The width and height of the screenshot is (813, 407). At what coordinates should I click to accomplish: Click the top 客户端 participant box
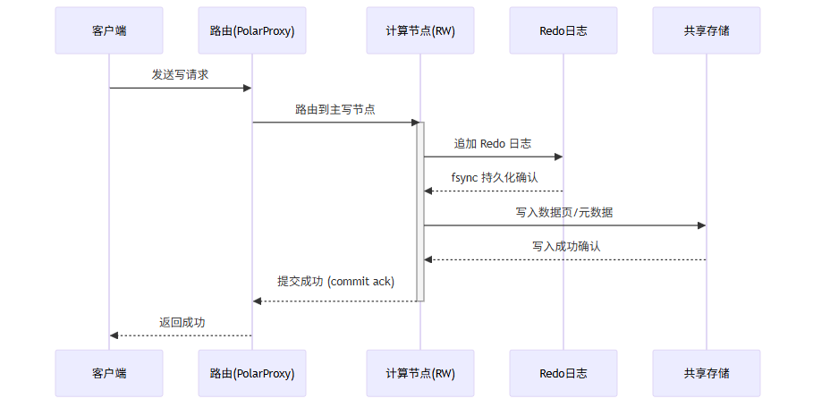pyautogui.click(x=109, y=30)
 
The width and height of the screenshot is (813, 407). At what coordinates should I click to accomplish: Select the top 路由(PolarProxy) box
pyautogui.click(x=252, y=30)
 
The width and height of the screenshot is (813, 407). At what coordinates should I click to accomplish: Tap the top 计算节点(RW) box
pyautogui.click(x=420, y=30)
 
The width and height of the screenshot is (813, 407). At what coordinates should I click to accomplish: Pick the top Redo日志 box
pyautogui.click(x=563, y=30)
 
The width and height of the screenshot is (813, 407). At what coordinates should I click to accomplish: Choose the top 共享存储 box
pyautogui.click(x=707, y=30)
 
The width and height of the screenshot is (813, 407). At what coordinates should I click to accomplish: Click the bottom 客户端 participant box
pyautogui.click(x=109, y=373)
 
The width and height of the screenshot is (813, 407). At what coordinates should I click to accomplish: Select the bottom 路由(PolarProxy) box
pyautogui.click(x=252, y=373)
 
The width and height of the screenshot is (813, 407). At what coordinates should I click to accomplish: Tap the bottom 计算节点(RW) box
pyautogui.click(x=420, y=373)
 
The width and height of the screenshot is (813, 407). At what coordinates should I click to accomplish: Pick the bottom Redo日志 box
pyautogui.click(x=563, y=373)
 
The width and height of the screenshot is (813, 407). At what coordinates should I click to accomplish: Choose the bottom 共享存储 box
pyautogui.click(x=707, y=373)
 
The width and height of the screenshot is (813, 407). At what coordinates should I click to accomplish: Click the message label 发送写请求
pyautogui.click(x=180, y=75)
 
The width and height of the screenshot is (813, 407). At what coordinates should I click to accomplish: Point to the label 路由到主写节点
pyautogui.click(x=335, y=109)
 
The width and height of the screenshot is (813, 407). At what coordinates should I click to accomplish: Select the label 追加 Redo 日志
pyautogui.click(x=493, y=143)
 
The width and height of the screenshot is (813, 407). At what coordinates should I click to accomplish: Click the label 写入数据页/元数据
pyautogui.click(x=564, y=212)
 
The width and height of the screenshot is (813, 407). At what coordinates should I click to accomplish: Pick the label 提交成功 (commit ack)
pyautogui.click(x=335, y=281)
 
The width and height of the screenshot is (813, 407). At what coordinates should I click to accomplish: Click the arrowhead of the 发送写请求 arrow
pyautogui.click(x=248, y=88)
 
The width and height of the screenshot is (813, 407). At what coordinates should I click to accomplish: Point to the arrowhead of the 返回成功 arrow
pyautogui.click(x=114, y=335)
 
